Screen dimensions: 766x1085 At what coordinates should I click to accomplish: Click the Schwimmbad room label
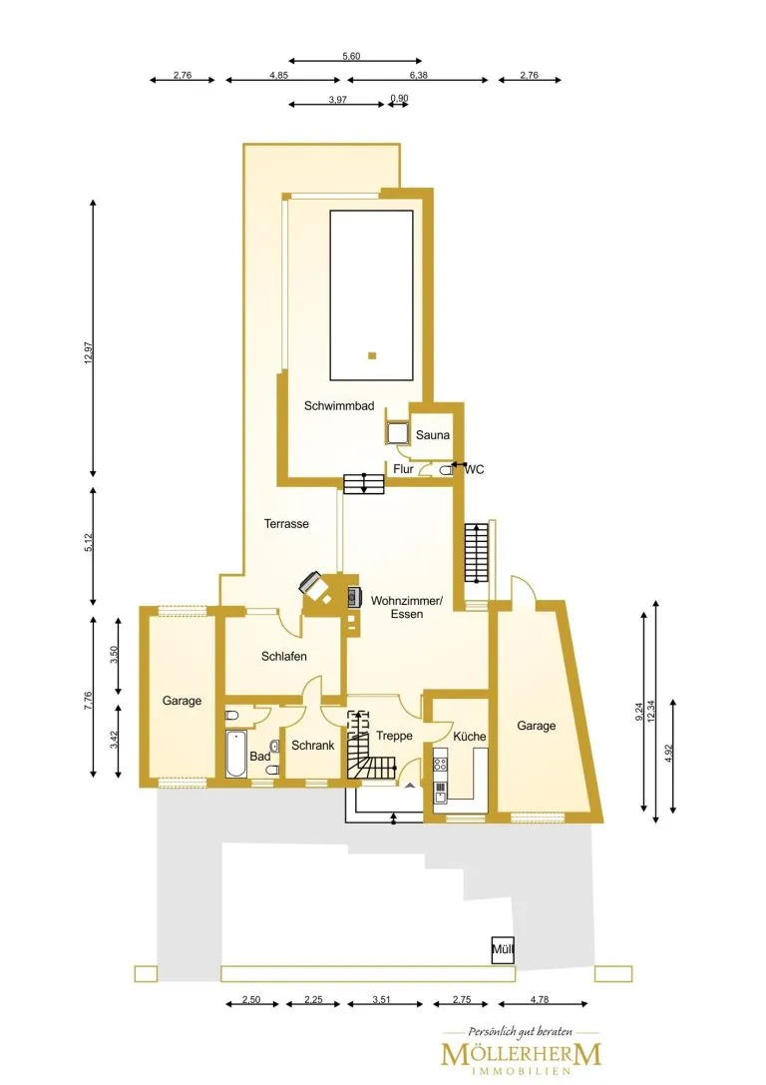(x=339, y=406)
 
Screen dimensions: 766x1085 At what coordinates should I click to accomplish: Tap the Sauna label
(x=433, y=435)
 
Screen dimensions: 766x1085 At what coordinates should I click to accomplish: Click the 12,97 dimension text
(x=88, y=353)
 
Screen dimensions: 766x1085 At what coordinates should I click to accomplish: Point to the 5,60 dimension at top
(x=351, y=56)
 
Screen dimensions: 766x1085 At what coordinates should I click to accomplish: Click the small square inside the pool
(x=372, y=355)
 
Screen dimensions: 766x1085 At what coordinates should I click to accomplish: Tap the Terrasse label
(x=286, y=524)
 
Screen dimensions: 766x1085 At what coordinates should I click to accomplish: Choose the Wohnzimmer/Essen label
(x=407, y=607)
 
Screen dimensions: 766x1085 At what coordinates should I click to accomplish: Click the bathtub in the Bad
(x=235, y=755)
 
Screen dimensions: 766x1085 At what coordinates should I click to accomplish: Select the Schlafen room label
(x=284, y=656)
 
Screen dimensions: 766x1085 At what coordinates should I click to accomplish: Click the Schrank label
(x=312, y=746)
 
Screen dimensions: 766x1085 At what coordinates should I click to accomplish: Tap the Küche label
(x=470, y=737)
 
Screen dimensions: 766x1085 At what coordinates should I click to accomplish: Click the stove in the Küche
(x=441, y=765)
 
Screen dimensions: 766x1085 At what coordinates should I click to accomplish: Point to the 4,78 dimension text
(x=540, y=999)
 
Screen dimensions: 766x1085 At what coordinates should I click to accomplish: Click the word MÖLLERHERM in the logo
(x=522, y=1054)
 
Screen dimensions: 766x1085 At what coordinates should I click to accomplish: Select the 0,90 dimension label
(x=400, y=98)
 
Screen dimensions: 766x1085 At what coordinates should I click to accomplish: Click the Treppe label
(x=394, y=736)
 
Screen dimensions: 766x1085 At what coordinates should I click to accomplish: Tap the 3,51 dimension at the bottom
(x=382, y=999)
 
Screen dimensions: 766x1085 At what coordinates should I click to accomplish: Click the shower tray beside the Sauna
(x=397, y=432)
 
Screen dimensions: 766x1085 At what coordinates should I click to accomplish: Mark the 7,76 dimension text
(x=88, y=701)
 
